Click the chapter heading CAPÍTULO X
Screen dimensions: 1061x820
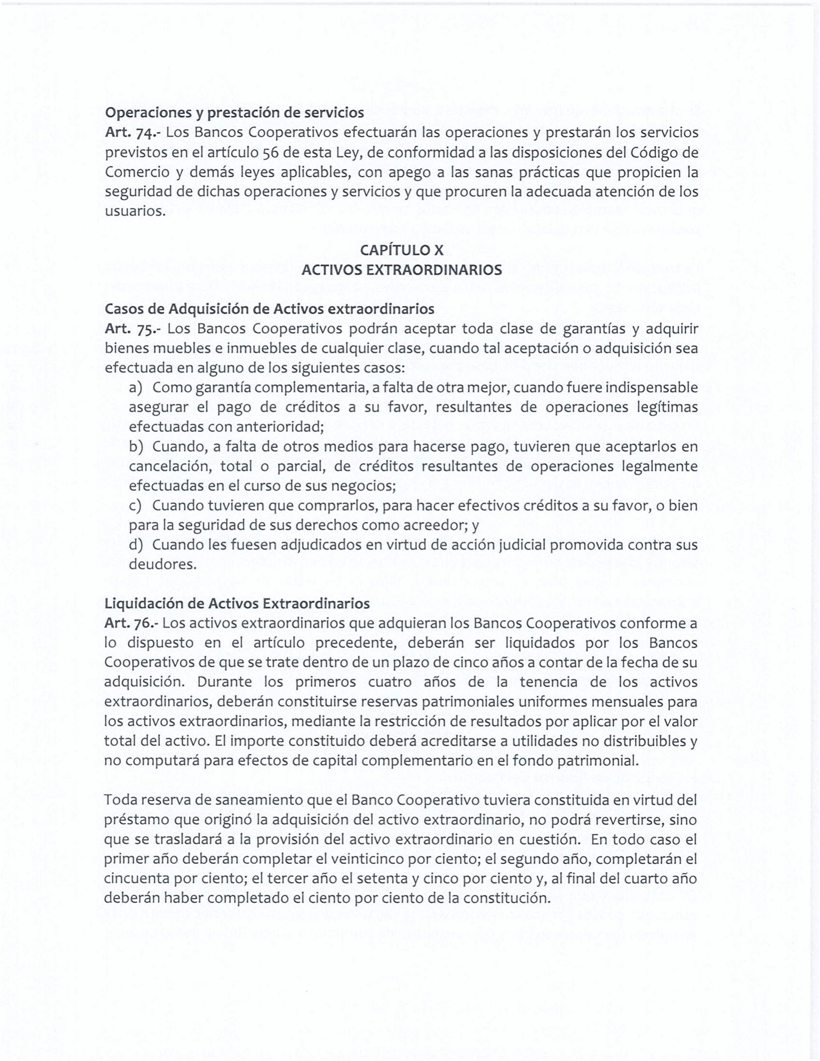coord(401,250)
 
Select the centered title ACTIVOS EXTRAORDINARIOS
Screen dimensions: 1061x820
coord(401,270)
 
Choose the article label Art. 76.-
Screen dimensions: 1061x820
coord(132,623)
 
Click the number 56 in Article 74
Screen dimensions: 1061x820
coord(270,153)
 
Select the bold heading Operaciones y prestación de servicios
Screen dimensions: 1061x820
coord(234,113)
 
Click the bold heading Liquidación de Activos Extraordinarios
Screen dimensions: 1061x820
coord(236,604)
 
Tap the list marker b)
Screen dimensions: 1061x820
coord(136,447)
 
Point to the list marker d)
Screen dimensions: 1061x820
coord(136,545)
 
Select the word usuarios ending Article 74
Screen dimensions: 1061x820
coord(134,212)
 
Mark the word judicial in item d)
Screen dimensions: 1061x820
coord(523,545)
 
